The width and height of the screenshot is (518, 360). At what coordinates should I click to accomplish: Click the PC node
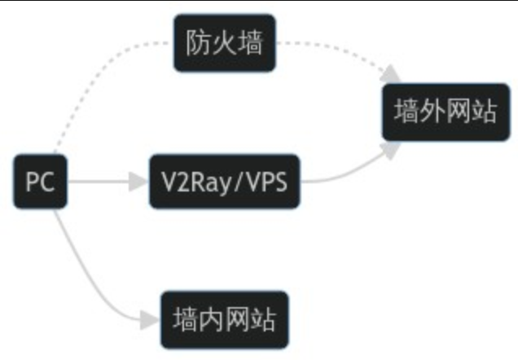pos(39,181)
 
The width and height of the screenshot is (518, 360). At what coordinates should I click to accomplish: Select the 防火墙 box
pos(225,42)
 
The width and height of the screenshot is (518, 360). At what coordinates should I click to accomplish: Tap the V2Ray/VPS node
pos(224,181)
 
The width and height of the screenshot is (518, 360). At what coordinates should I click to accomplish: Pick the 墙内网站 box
pos(225,319)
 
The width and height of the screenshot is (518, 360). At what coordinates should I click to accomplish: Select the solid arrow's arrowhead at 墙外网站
pos(393,149)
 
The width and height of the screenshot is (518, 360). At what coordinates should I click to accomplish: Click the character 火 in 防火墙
pos(225,42)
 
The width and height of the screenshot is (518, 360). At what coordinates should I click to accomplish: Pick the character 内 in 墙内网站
pos(212,319)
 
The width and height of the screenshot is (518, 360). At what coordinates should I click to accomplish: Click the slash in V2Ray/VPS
pos(238,181)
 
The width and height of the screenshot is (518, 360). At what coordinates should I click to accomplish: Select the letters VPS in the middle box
pos(266,181)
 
